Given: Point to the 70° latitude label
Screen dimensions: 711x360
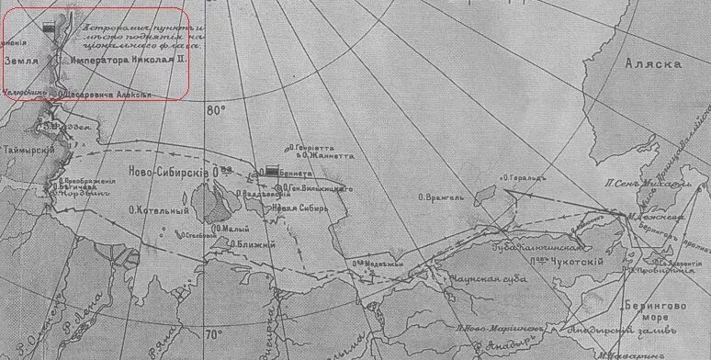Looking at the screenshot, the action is point(214,333).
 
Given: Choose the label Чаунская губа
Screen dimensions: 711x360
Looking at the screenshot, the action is point(482,276).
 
